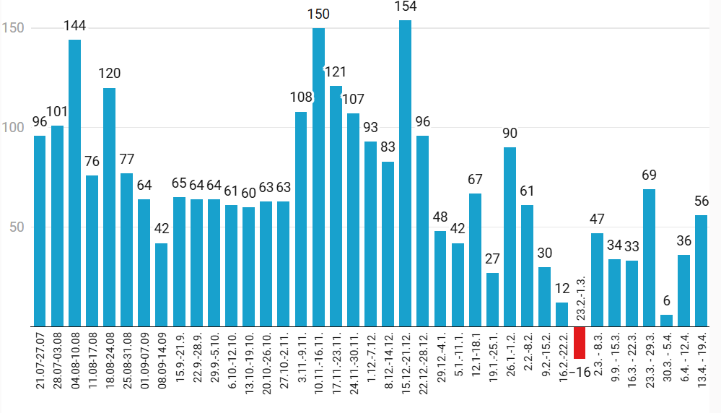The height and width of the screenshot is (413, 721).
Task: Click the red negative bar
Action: point(580,342)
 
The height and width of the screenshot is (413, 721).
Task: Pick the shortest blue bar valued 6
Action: point(666,321)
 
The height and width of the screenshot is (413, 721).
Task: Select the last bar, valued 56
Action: point(701,271)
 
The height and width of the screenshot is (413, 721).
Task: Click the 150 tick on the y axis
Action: point(14,28)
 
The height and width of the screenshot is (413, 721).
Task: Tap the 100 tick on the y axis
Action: point(14,127)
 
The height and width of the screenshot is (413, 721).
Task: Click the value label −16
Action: point(580,372)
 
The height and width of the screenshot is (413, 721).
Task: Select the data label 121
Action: point(336,71)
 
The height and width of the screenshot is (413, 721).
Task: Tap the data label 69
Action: point(649,175)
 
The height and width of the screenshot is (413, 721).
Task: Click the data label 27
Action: point(492,258)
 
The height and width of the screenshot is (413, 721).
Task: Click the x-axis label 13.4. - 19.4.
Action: point(702,362)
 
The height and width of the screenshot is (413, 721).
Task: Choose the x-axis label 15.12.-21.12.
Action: point(406,362)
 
